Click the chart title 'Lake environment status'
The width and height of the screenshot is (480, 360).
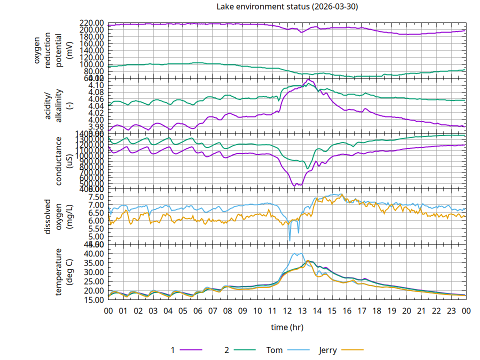(287, 6)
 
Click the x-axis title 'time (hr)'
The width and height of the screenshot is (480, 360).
(287, 327)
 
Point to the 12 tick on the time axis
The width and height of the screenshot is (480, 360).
(287, 310)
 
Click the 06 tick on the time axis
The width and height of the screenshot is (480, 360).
(198, 310)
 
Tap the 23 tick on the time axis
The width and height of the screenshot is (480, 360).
(451, 310)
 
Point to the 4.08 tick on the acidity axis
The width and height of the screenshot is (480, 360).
(95, 92)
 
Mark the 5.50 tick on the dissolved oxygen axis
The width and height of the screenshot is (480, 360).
(95, 228)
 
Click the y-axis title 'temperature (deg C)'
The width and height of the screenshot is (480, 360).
(64, 272)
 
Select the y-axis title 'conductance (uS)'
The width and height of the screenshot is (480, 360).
(64, 161)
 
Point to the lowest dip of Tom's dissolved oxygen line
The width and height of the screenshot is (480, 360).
(289, 240)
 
